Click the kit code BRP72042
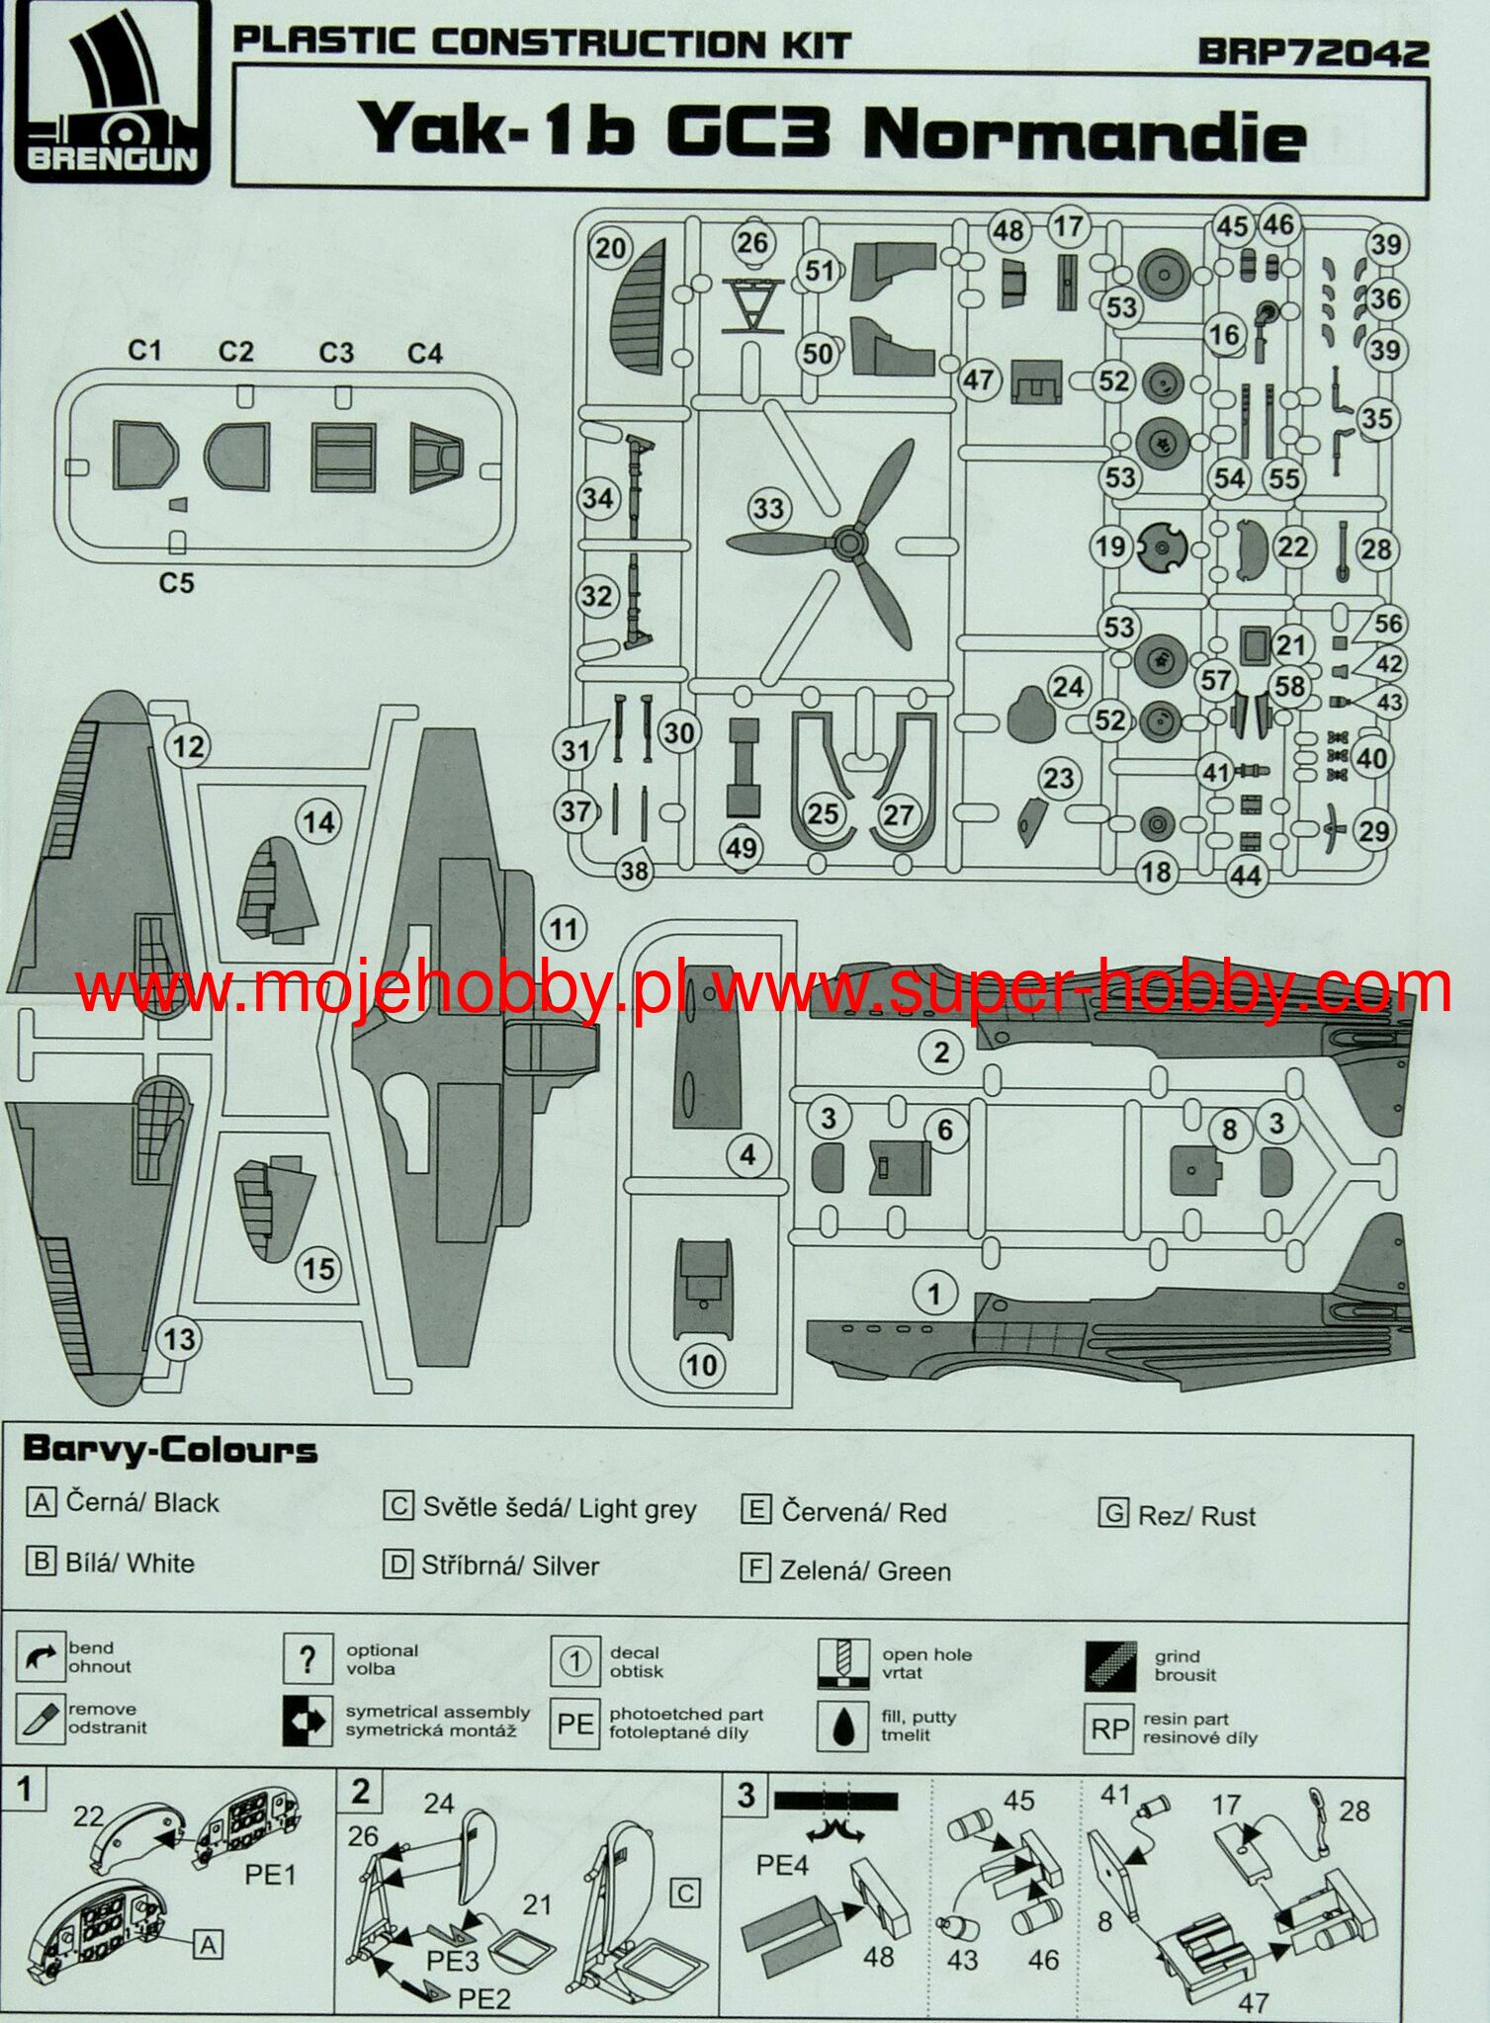point(1313,52)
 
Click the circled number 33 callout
point(768,509)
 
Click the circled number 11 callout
point(564,929)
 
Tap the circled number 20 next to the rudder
point(611,246)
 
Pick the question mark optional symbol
point(307,1659)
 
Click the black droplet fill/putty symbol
point(842,1726)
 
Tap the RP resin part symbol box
point(1109,1728)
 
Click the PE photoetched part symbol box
point(575,1725)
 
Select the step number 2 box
point(361,1792)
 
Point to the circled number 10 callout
point(702,1365)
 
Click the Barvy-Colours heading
point(169,1450)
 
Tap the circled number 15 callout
point(318,1268)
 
